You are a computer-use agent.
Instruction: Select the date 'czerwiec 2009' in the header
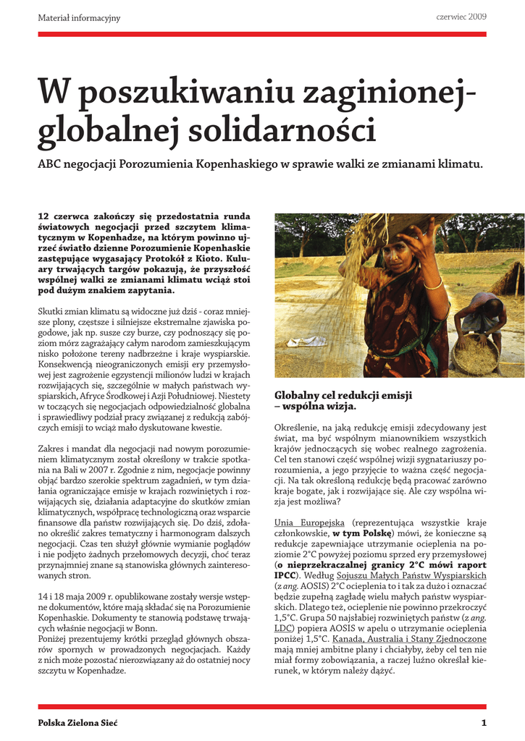[461, 16]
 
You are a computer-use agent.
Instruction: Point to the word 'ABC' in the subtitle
[49, 164]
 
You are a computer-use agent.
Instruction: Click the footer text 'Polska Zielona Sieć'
[77, 722]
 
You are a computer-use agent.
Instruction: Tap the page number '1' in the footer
[484, 722]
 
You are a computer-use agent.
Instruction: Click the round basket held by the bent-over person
[476, 355]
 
